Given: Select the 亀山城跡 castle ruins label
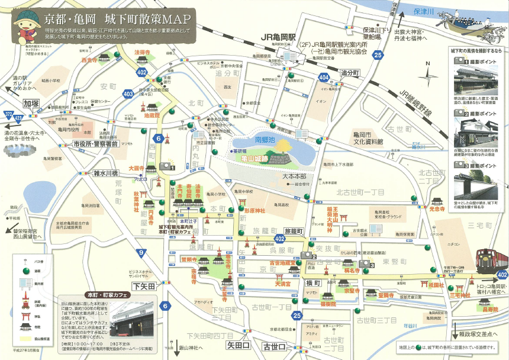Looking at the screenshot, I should (255, 158).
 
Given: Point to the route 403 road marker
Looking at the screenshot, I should (128, 94).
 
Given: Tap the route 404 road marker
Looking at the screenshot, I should (323, 78).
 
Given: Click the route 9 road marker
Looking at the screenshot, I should (141, 253).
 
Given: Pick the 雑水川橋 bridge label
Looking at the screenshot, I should (106, 173).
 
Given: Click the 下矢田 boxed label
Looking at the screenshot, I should (143, 287).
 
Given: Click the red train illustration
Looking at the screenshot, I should (491, 262).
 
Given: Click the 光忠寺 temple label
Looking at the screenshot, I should (437, 209).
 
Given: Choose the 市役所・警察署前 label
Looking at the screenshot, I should (94, 144).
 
